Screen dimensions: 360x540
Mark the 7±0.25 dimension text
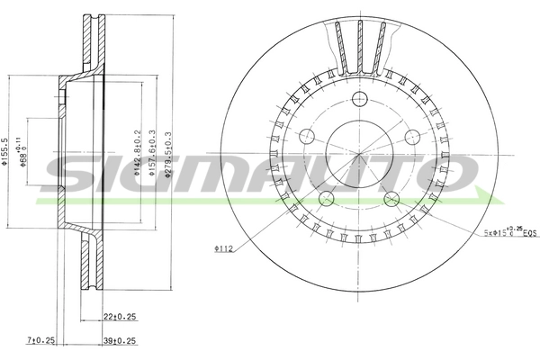[41, 340]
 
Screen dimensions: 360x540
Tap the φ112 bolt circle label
[223, 248]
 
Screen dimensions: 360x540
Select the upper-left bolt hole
[308, 136]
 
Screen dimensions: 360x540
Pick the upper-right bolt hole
[412, 136]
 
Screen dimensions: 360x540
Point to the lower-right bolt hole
[391, 198]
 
